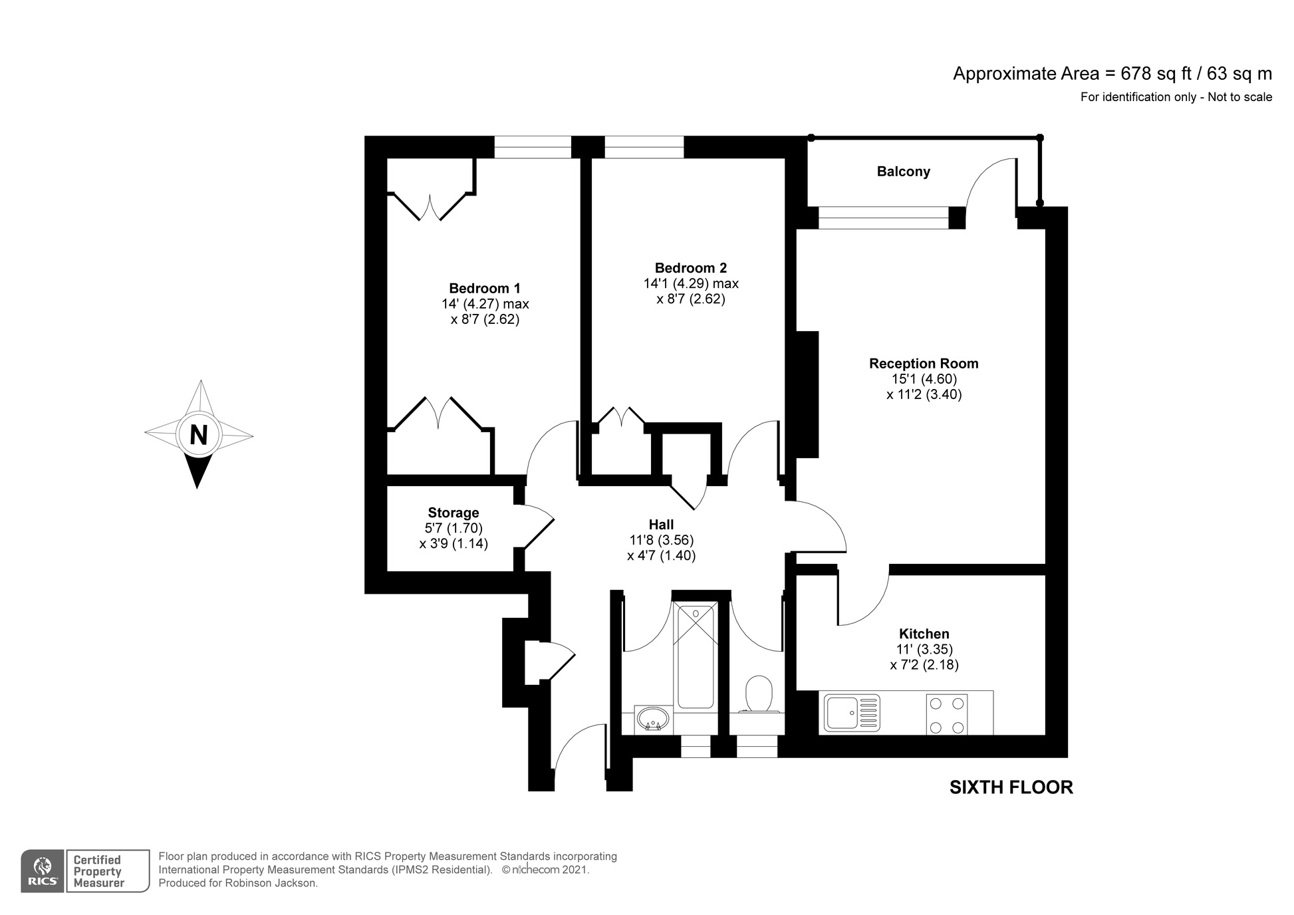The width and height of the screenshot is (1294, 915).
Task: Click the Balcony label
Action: click(x=903, y=172)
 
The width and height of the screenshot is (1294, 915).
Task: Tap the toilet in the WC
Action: click(x=758, y=694)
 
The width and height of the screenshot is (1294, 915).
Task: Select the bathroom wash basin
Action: click(x=652, y=719)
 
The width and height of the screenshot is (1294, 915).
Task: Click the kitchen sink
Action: click(x=851, y=713)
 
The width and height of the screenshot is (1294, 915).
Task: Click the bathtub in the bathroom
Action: click(x=695, y=655)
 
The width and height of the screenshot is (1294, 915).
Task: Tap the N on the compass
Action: click(x=198, y=435)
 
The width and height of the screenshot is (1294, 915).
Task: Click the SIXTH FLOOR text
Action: click(x=1011, y=787)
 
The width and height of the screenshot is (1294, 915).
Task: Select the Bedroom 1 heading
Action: click(x=485, y=289)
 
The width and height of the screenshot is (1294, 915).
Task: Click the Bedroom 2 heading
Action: click(x=691, y=268)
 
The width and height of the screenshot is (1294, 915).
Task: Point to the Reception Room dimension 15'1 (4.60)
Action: click(x=924, y=379)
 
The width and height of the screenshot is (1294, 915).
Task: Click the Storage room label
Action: click(x=453, y=513)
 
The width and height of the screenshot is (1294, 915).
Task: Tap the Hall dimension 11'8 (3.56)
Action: click(x=661, y=540)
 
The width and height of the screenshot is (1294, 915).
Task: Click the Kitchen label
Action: click(x=924, y=634)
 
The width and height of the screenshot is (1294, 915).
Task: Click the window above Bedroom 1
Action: click(x=533, y=147)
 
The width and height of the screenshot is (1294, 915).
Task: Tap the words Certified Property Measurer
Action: click(x=98, y=871)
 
